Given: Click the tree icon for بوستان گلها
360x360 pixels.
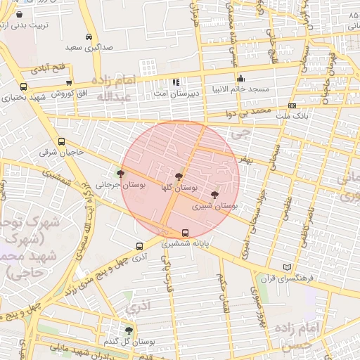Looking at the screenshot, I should (179, 176).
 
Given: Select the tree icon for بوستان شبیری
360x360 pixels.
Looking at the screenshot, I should (214, 195).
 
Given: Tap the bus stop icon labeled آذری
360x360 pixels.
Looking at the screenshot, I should (139, 247).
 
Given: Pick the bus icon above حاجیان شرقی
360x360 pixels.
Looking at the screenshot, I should (61, 141).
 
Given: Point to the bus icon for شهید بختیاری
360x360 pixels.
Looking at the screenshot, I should (23, 86).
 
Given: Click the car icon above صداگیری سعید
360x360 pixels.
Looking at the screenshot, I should (89, 37).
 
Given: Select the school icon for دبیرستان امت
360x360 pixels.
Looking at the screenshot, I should (176, 82).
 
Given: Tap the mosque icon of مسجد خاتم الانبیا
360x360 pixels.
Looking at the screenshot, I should (240, 79).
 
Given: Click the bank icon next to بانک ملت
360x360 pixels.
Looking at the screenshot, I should (292, 105).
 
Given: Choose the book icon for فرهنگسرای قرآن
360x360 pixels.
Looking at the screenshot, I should (285, 267).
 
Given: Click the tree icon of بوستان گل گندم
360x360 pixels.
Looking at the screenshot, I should (128, 330).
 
